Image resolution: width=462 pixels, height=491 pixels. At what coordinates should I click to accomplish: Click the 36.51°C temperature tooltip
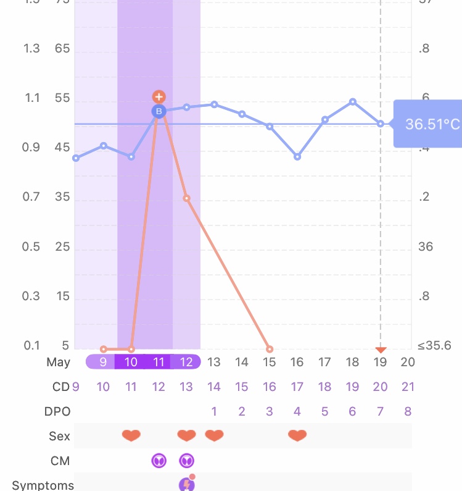tap(429, 124)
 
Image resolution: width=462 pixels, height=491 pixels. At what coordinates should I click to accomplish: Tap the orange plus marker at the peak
tap(159, 97)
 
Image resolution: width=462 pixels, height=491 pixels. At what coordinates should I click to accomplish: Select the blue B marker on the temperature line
tap(159, 111)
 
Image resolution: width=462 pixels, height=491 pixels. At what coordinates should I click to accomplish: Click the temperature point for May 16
tap(297, 157)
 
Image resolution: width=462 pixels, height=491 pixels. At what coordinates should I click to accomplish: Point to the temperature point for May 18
tap(353, 101)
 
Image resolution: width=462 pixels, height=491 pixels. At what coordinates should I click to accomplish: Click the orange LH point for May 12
tap(186, 198)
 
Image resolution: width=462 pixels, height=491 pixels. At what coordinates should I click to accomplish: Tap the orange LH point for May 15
tap(269, 349)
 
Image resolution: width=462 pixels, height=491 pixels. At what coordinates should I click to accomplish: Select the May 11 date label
tap(159, 362)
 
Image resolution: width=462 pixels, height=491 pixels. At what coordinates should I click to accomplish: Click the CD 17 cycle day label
tap(297, 387)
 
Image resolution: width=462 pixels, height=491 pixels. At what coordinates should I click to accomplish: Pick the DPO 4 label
tap(297, 412)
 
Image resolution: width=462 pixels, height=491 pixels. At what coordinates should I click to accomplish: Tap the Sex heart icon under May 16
tap(297, 436)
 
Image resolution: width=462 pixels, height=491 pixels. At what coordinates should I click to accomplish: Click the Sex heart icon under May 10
tap(131, 436)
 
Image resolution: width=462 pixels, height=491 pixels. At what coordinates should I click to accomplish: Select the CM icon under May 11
tap(159, 460)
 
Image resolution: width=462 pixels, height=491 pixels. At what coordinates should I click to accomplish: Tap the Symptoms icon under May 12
tap(187, 484)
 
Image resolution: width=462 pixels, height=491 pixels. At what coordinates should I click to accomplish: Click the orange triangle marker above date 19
tap(381, 350)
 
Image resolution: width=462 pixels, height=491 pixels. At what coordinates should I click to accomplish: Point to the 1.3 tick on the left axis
tap(31, 49)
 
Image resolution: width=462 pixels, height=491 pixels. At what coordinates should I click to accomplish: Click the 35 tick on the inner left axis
tap(62, 198)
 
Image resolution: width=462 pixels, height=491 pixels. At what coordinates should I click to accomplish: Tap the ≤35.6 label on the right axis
tap(434, 346)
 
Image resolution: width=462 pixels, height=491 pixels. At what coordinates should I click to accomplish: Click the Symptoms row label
tap(43, 485)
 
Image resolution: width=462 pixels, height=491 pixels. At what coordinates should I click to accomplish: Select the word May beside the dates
tap(58, 362)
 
